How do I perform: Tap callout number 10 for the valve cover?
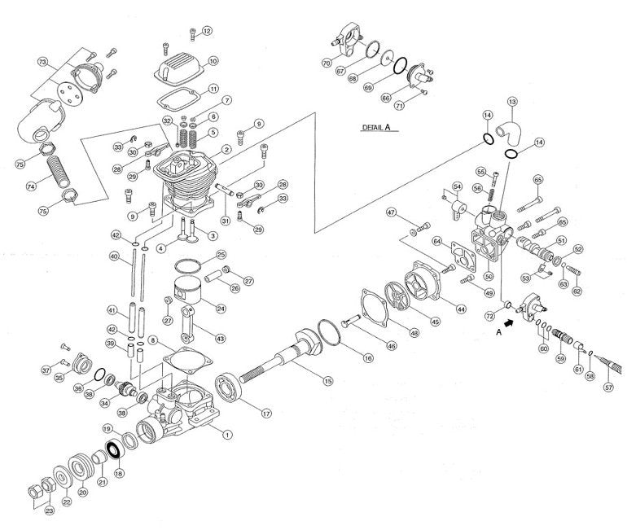point(213,61)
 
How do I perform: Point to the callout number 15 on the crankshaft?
point(328,381)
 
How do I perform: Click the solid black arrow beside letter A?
point(511,323)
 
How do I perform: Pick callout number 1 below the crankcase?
point(227,435)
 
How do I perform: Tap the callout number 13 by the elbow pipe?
point(512,102)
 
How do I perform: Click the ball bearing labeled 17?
point(232,388)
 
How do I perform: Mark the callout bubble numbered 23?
point(49,511)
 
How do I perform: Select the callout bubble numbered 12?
point(207,31)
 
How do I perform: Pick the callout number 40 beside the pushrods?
point(115,256)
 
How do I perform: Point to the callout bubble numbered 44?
point(461,309)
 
